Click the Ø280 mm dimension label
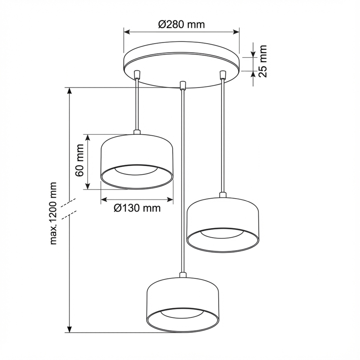pos(181,24)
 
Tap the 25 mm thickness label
pos(263,61)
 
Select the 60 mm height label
pos(80,161)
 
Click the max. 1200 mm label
pos(54,213)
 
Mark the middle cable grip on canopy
pos(182,85)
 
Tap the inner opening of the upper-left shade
pos(136,171)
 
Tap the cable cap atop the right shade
pos(223,195)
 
